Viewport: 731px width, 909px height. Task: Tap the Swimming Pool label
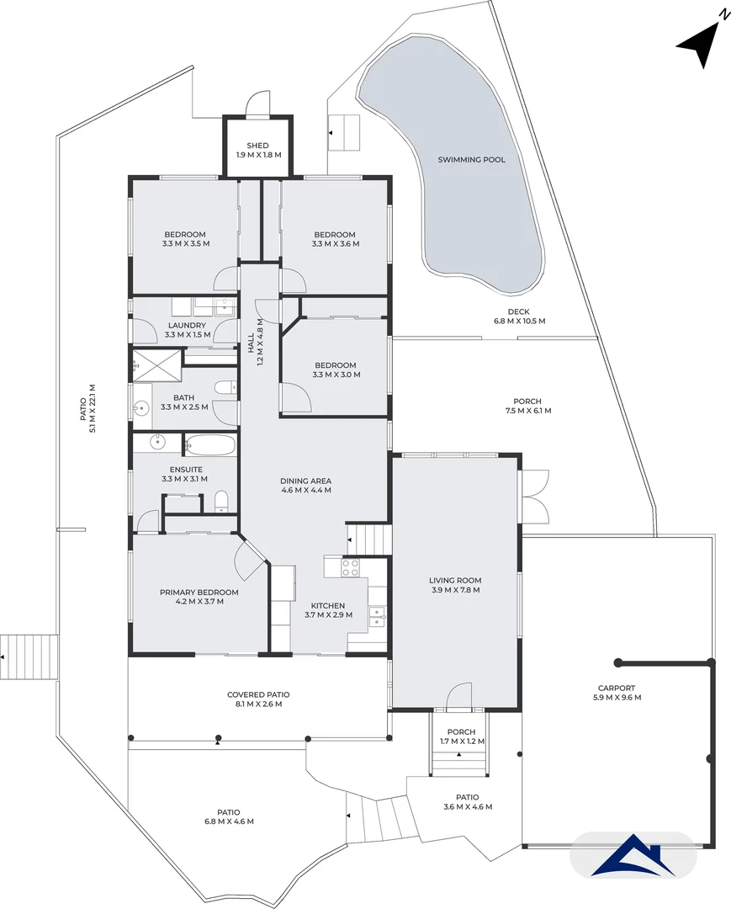coord(471,159)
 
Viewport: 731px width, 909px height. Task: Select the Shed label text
coord(257,146)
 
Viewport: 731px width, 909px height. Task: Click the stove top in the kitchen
coord(350,567)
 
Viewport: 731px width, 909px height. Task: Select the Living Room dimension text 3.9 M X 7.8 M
coord(455,590)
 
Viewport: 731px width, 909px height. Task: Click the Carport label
coord(617,688)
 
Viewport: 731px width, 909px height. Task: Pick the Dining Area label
coord(305,481)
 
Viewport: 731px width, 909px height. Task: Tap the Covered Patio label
coord(258,694)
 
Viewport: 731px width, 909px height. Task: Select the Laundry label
coord(186,325)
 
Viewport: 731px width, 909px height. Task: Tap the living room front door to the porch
coord(458,696)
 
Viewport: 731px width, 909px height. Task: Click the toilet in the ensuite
coord(222,502)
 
